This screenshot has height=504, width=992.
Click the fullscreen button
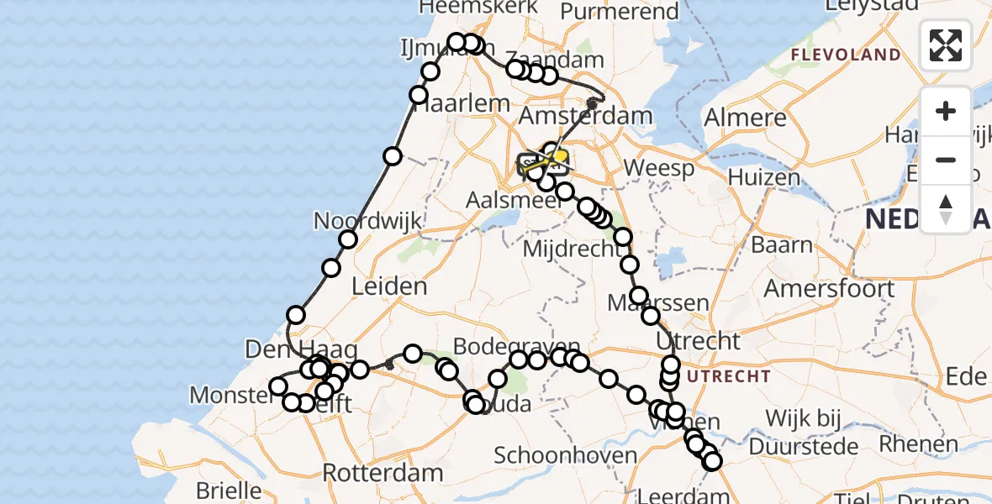(946, 45)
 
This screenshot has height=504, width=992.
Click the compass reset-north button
(946, 209)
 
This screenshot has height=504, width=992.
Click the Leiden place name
(389, 286)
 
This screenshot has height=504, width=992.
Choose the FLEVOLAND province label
(844, 55)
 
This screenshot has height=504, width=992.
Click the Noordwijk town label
(367, 222)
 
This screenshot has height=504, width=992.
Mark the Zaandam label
(567, 60)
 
